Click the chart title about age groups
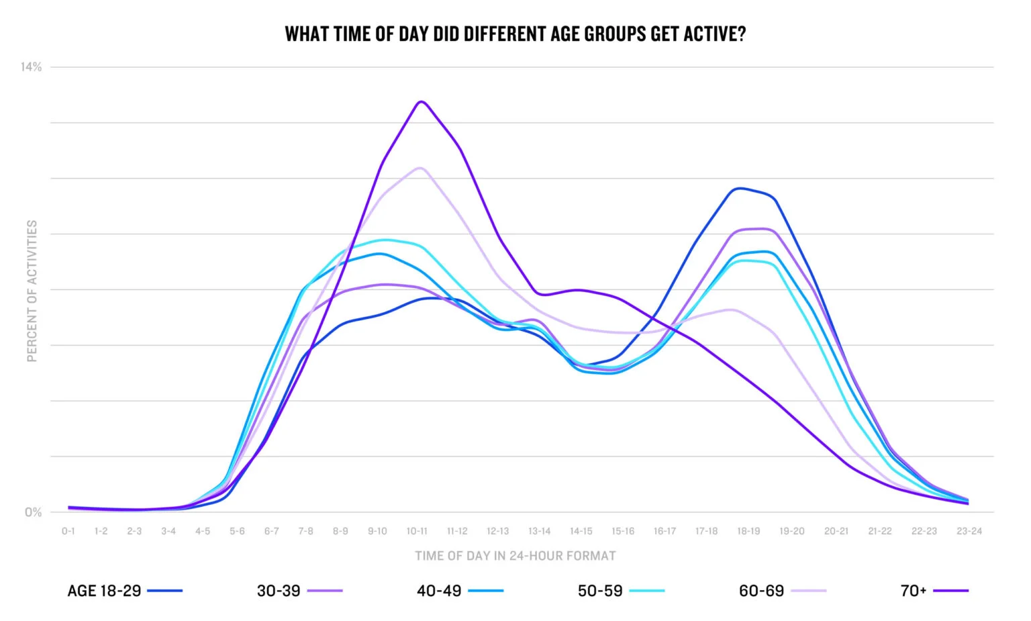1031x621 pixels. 515,34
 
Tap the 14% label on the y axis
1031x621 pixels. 31,67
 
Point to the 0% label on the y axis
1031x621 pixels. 33,512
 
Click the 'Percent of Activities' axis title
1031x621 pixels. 32,291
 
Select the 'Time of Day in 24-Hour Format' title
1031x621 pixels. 515,556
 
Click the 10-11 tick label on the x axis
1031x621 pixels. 417,531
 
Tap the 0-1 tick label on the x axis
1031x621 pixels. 68,531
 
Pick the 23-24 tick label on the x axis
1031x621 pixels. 969,531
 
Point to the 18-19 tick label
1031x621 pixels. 748,531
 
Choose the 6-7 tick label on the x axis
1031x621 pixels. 271,531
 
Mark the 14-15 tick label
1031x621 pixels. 581,531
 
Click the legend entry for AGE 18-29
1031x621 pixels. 125,591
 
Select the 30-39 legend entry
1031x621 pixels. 299,591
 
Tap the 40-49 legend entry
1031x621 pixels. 460,591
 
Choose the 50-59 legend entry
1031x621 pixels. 621,591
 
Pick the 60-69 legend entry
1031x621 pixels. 782,591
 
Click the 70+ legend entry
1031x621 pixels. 934,591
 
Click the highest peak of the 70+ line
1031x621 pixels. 421,102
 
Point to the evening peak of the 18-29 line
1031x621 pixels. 739,189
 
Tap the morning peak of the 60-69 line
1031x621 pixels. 420,168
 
